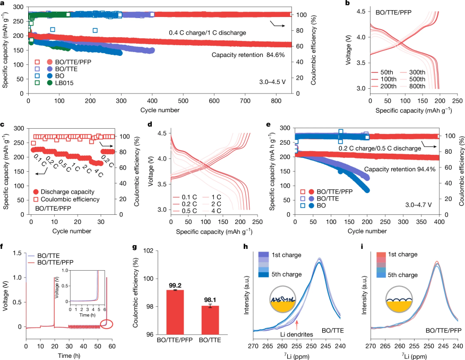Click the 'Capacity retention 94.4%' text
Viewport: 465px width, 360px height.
pos(397,169)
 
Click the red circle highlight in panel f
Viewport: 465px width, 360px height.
pos(105,324)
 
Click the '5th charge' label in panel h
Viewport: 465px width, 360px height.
pos(287,274)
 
